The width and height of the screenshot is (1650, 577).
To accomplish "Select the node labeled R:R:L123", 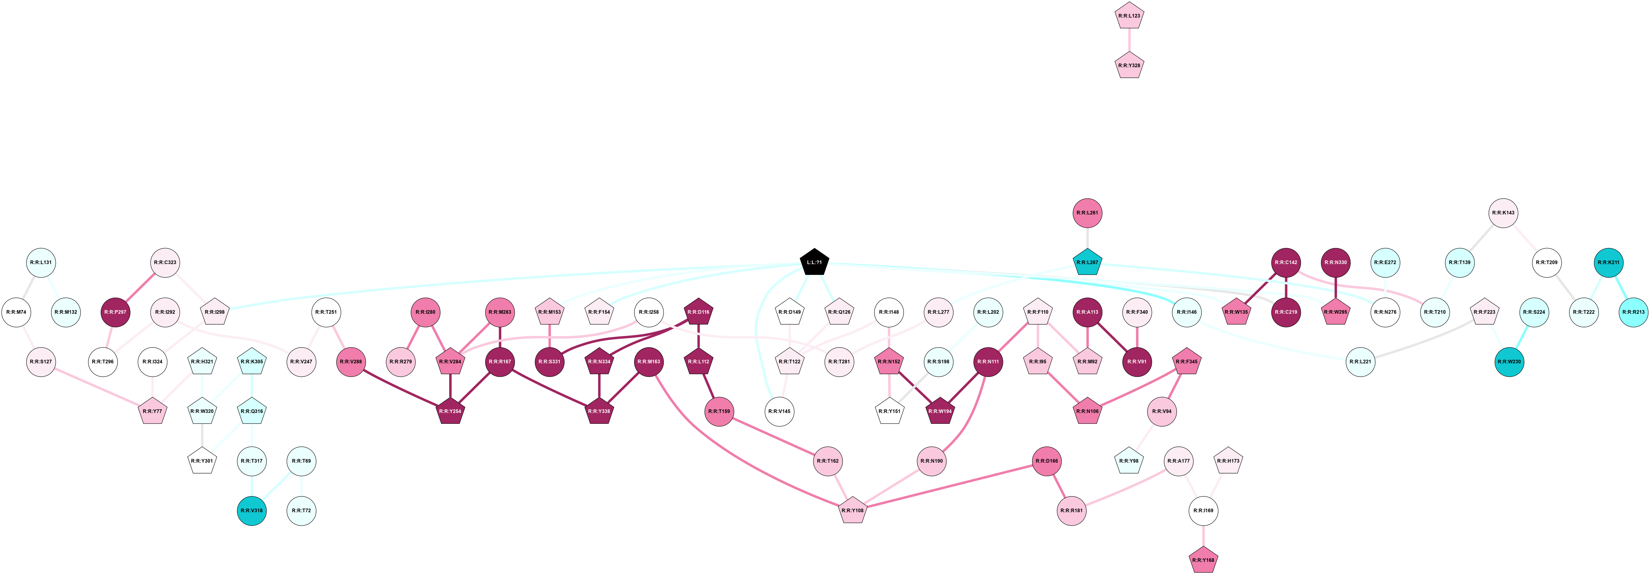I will (1129, 16).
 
